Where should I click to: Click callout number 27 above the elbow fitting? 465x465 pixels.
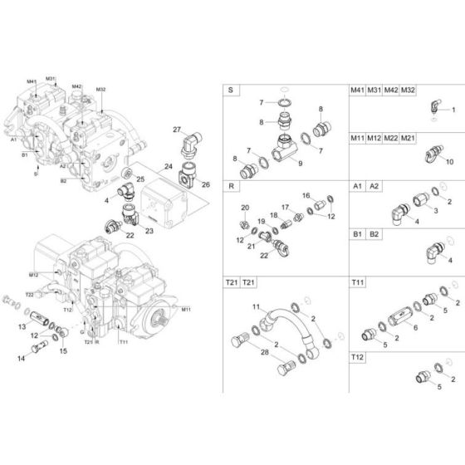pyautogui.click(x=176, y=130)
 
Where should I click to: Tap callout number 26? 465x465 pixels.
pyautogui.click(x=207, y=184)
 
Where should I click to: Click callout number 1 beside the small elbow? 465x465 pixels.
pyautogui.click(x=453, y=110)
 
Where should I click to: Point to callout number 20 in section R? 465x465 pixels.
pyautogui.click(x=244, y=207)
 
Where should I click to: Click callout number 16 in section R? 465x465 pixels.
pyautogui.click(x=306, y=195)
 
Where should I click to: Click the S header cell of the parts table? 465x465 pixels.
pyautogui.click(x=230, y=90)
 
